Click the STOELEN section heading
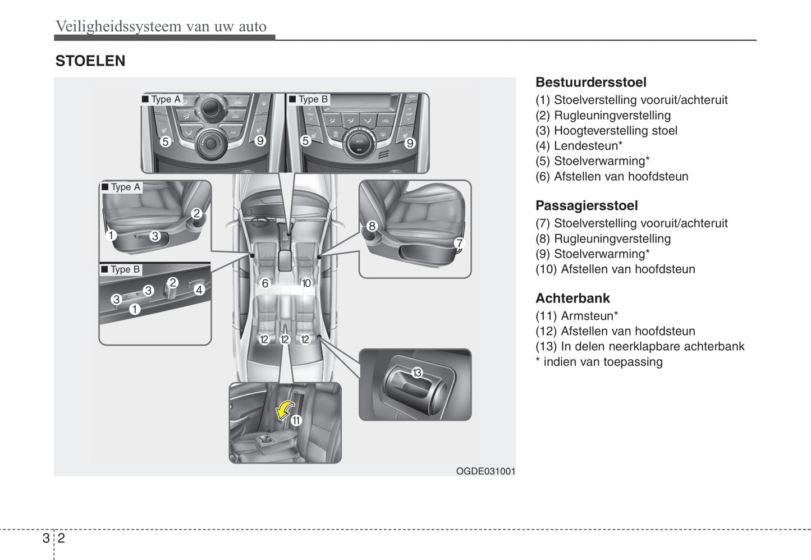[90, 61]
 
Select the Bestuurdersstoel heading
[590, 82]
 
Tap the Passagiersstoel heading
[586, 205]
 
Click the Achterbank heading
[572, 298]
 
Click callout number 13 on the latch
[417, 373]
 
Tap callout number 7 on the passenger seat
[459, 243]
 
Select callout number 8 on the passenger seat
[372, 226]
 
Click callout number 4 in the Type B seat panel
[199, 290]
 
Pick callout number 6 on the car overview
[265, 283]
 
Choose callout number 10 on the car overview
[306, 283]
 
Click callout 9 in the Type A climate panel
[260, 141]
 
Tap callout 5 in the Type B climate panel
[305, 141]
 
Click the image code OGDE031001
[485, 471]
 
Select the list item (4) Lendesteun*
[579, 146]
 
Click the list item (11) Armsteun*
[576, 316]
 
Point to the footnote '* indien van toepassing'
[599, 362]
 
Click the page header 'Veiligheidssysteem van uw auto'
[161, 26]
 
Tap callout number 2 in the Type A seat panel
[196, 213]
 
